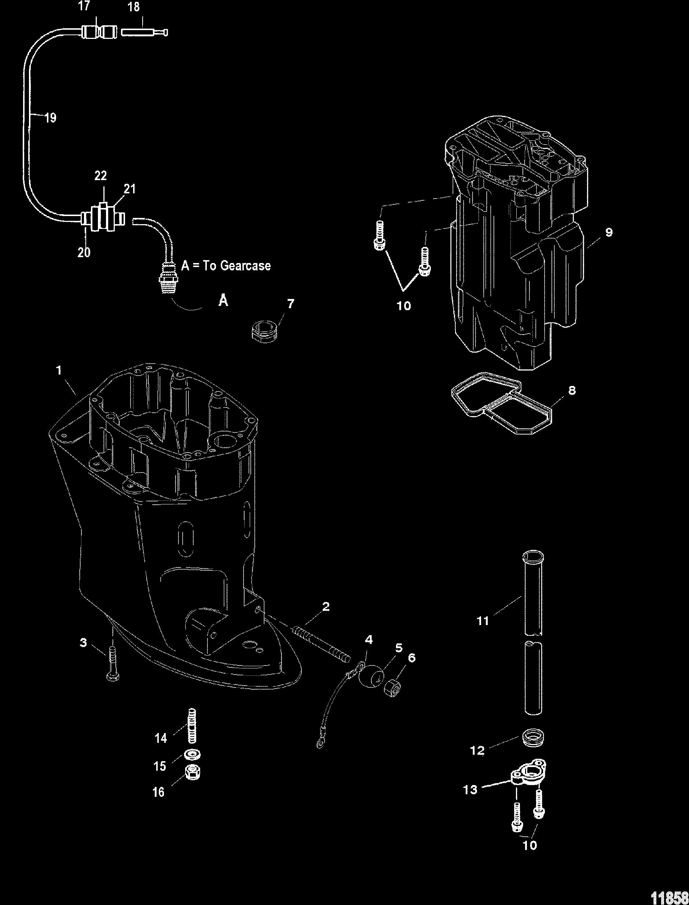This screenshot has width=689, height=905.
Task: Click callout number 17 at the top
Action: [84, 7]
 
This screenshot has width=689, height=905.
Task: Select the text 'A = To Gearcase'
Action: [226, 266]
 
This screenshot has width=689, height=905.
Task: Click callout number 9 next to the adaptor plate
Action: [609, 232]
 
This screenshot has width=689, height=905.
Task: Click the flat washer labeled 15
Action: [190, 754]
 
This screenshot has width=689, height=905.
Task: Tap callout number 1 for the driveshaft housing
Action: [59, 371]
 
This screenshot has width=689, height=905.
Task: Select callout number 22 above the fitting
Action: [100, 176]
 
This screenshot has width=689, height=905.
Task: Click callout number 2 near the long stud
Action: [326, 606]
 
